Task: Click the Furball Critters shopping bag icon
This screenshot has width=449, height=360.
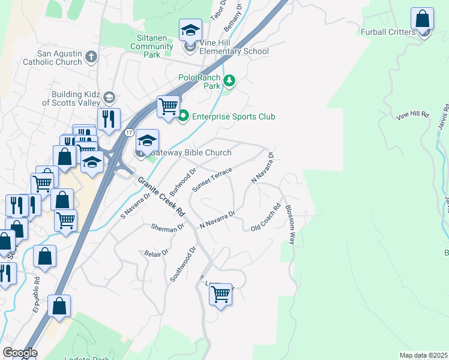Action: click(423, 19)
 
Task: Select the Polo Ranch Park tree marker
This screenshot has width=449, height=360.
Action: click(229, 80)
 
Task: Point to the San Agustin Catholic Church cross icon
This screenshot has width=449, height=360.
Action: click(91, 57)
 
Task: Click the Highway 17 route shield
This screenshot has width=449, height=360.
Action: click(129, 131)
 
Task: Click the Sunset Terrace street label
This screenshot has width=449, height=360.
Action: click(211, 179)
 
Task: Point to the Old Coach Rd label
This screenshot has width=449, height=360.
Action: click(266, 218)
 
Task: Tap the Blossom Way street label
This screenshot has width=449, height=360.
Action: click(290, 225)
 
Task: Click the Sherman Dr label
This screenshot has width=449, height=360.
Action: click(167, 228)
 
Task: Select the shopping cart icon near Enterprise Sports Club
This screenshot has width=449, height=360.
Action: click(169, 107)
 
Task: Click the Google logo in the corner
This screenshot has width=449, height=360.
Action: click(20, 353)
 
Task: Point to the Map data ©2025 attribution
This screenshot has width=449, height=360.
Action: click(423, 355)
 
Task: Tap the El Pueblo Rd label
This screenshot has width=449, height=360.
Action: click(37, 295)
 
